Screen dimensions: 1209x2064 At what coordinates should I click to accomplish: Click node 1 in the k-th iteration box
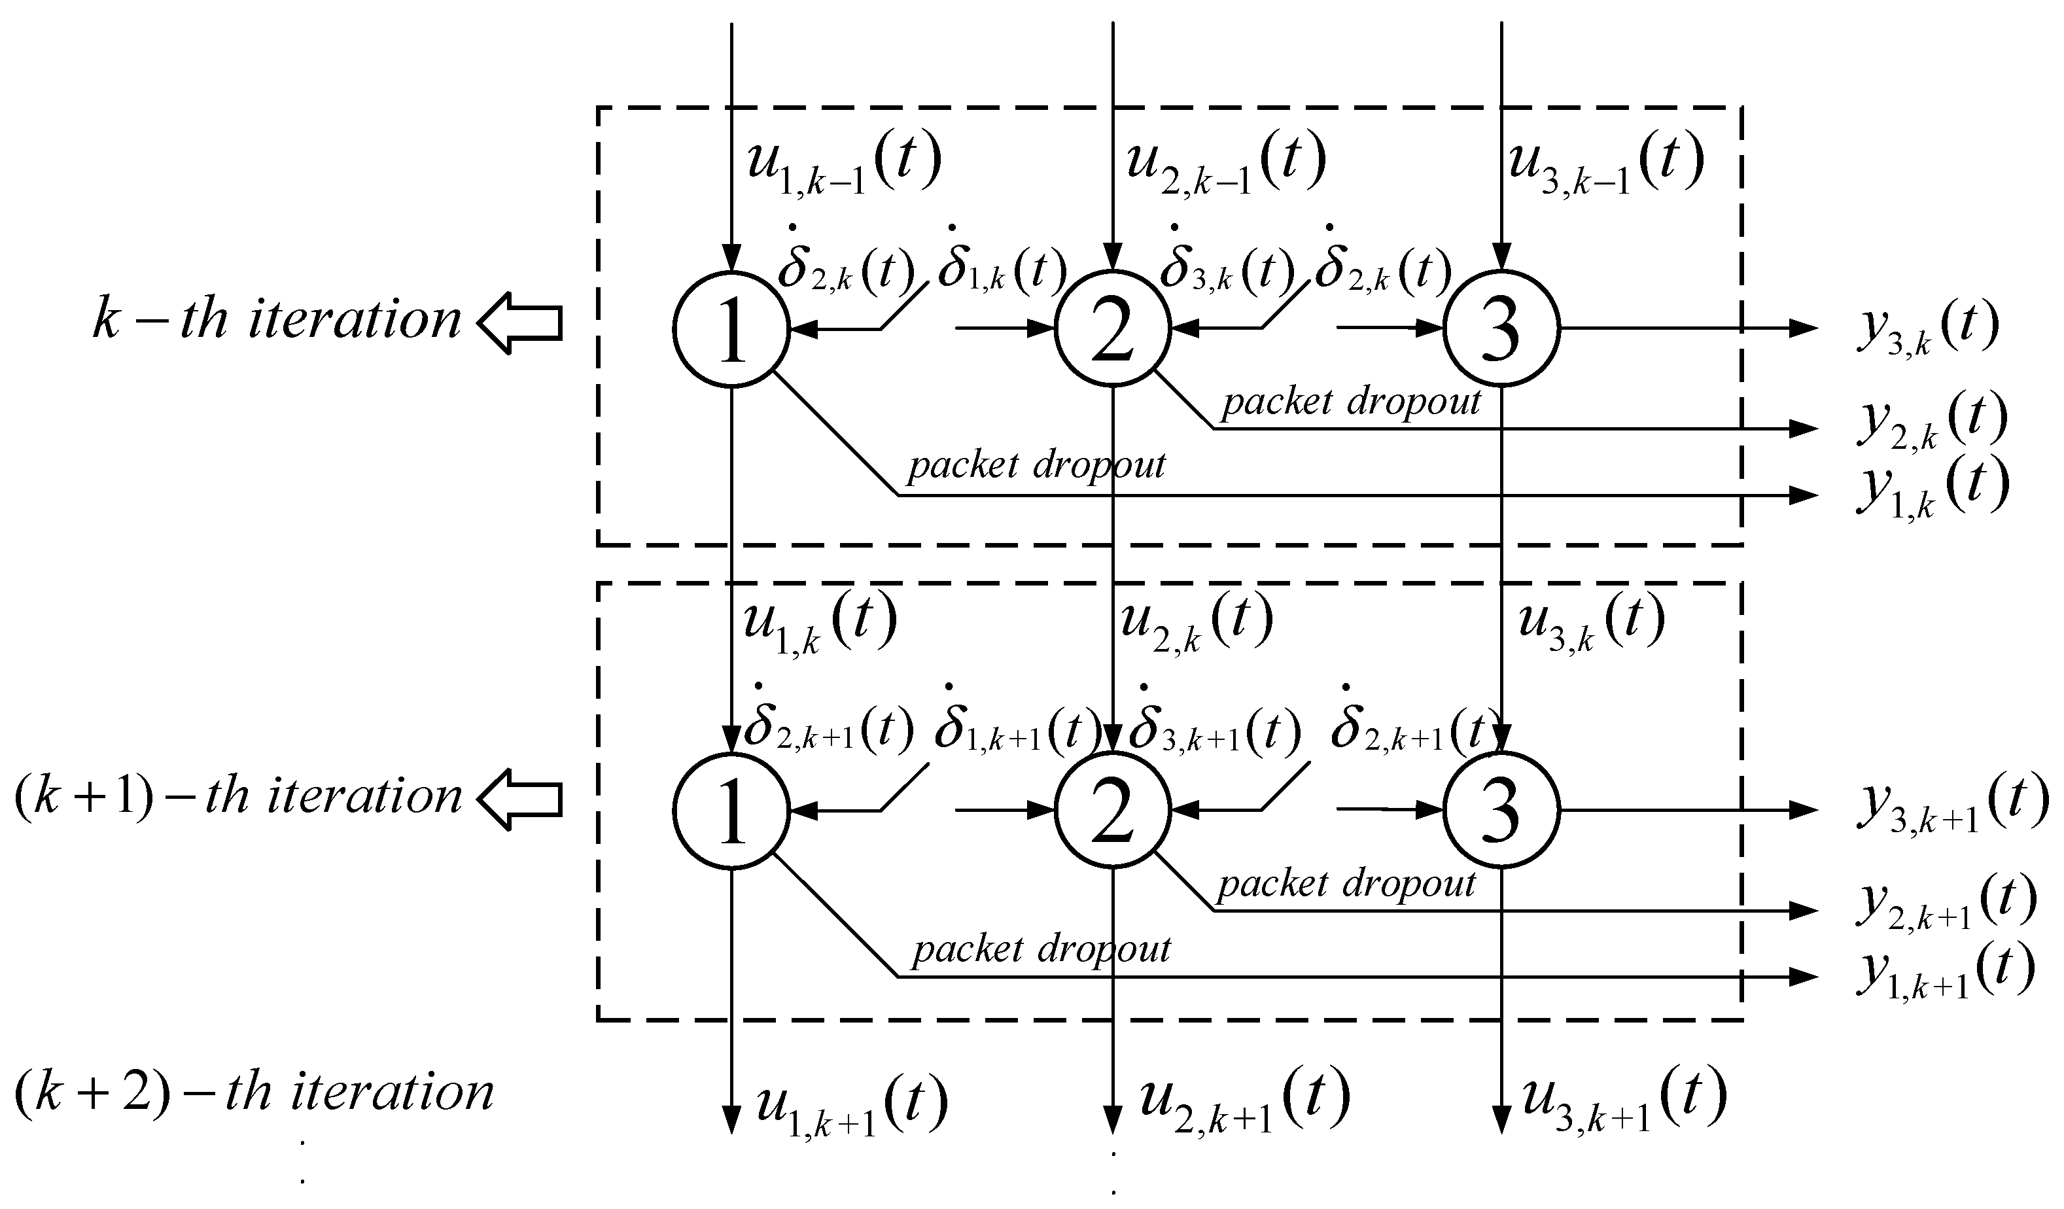[x=731, y=328]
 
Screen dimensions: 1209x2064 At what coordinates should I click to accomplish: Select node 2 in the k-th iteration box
[x=1112, y=328]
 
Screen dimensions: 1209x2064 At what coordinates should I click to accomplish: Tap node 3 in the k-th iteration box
[x=1501, y=328]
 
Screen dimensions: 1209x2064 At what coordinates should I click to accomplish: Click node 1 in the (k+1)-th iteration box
[x=731, y=810]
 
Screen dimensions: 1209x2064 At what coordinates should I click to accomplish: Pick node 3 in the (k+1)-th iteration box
[x=1501, y=810]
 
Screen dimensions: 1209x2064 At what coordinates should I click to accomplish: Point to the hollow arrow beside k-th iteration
[x=520, y=323]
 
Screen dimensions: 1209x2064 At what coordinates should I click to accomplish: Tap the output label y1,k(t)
[x=1931, y=489]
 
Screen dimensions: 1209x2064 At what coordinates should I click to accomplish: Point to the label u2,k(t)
[x=1196, y=623]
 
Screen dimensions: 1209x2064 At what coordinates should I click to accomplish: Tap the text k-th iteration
[x=277, y=319]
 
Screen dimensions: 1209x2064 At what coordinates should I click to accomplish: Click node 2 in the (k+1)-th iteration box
[x=1112, y=810]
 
